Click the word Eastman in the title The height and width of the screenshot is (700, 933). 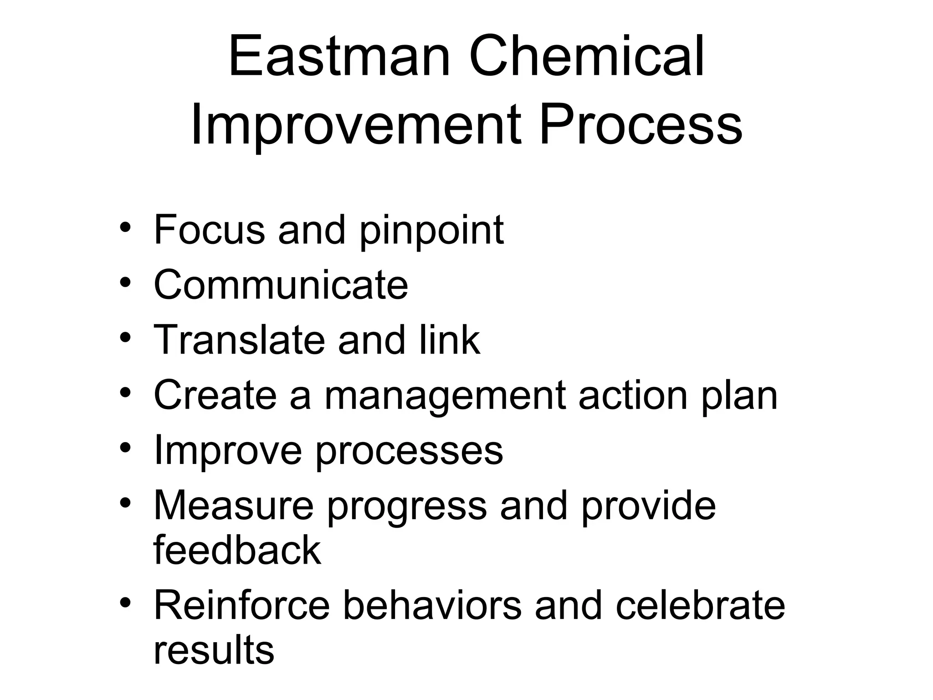(339, 58)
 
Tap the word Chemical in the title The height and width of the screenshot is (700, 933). (587, 58)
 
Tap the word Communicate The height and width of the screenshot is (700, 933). (281, 285)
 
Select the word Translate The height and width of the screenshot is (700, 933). (239, 340)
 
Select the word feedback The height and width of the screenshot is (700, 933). (237, 550)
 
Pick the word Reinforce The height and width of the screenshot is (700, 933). (241, 605)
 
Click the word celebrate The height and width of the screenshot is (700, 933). (700, 605)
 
